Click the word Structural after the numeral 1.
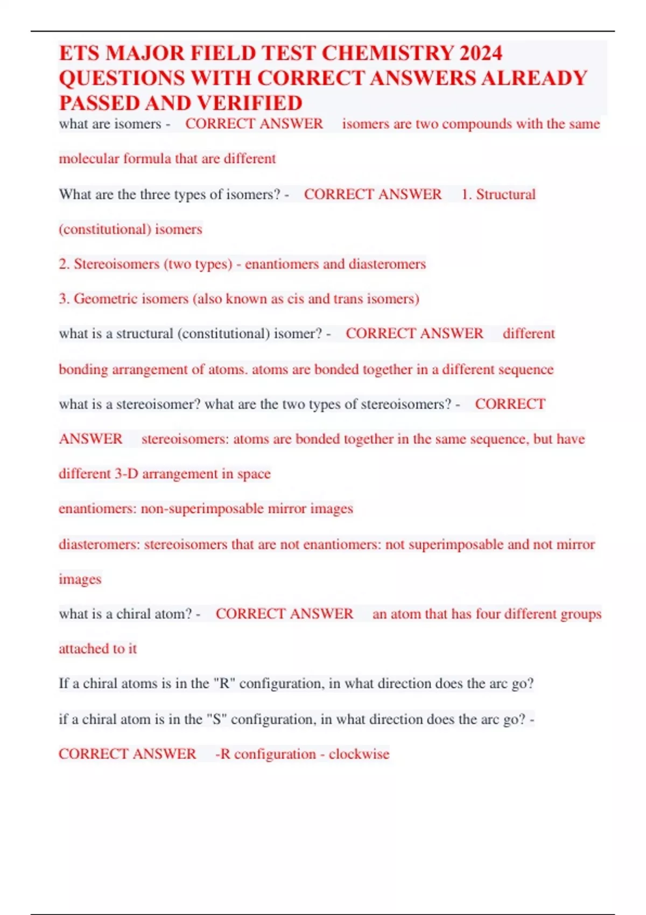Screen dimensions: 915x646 point(505,194)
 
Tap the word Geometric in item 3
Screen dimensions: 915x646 point(104,299)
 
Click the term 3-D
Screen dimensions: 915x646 point(126,474)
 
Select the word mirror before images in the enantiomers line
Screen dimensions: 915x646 point(286,509)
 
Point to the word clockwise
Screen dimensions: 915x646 point(359,754)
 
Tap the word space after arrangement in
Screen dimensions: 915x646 point(254,474)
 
